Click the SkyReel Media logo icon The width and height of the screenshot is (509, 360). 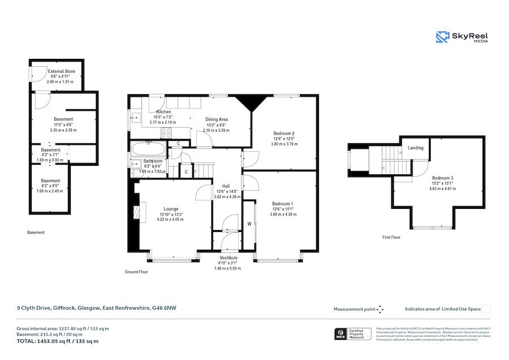click(442, 37)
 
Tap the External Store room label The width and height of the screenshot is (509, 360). click(61, 71)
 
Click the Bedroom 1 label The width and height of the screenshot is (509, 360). click(283, 203)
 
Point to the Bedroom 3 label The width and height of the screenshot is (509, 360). click(443, 178)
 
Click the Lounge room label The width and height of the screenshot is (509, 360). click(171, 208)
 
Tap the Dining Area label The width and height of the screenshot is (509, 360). click(216, 119)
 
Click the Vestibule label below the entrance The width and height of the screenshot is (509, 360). click(228, 258)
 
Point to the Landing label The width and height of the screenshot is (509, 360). click(416, 148)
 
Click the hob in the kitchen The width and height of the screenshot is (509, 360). click(167, 133)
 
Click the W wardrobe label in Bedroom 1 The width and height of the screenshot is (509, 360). click(249, 223)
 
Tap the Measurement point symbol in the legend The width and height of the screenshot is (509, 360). click(380, 309)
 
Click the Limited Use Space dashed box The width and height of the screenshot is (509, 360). click(486, 308)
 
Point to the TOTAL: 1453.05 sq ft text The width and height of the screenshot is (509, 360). click(57, 341)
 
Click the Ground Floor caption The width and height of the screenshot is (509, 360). click(136, 272)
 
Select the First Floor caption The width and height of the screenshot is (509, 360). click(391, 237)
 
